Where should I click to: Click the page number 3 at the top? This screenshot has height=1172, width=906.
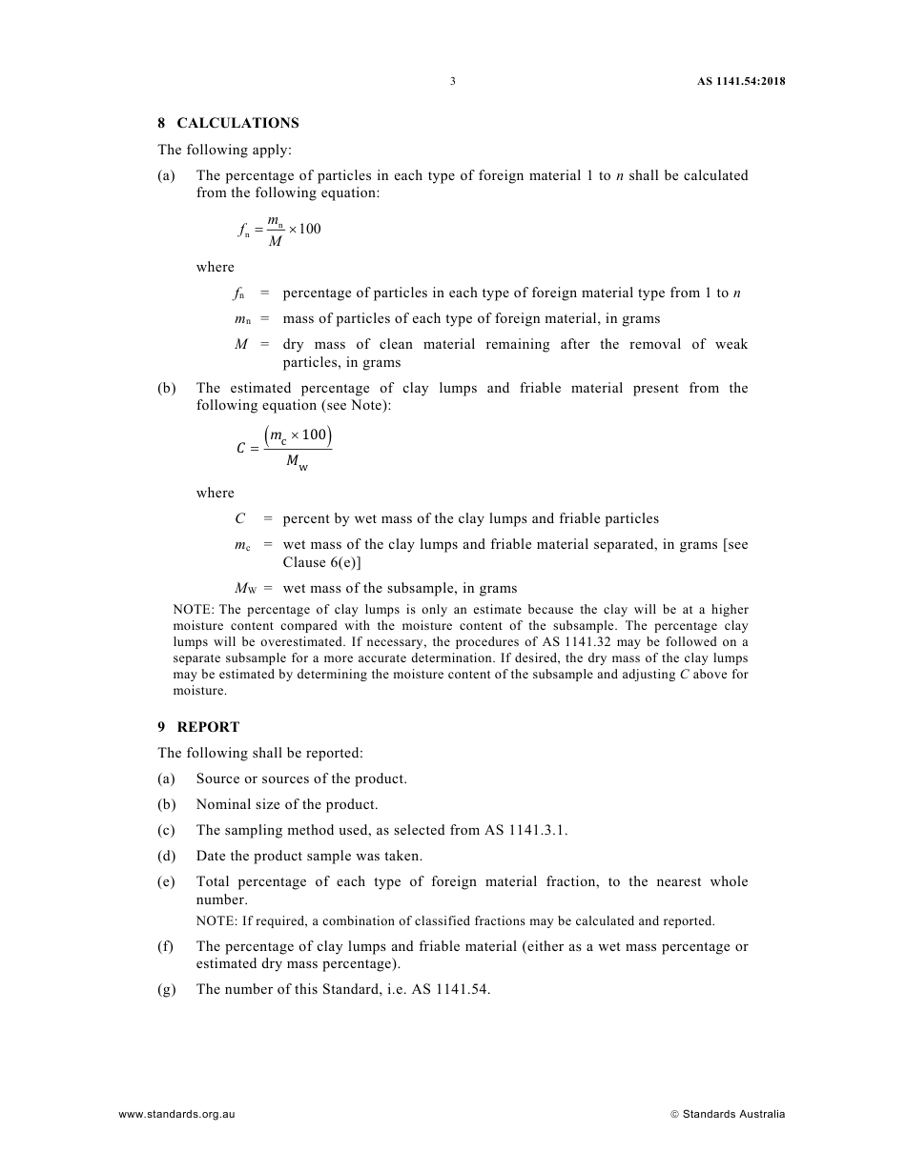[453, 82]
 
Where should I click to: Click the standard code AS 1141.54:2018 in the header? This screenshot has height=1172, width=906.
[741, 82]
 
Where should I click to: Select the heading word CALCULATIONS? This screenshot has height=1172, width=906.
[237, 123]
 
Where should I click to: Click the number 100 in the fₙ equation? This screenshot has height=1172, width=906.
[310, 229]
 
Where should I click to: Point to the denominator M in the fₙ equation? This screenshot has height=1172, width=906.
[275, 242]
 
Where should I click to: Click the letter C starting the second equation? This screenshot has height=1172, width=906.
[241, 449]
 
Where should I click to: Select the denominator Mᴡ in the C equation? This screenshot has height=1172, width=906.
[297, 464]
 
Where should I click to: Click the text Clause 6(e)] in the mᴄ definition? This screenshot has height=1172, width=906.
[321, 562]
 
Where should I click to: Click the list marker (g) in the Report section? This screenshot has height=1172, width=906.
[167, 989]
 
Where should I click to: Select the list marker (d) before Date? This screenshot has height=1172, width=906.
[167, 856]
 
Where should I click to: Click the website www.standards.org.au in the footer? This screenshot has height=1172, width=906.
[176, 1114]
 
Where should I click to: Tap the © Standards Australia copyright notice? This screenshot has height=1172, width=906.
[728, 1114]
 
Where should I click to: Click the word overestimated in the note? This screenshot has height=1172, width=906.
[286, 642]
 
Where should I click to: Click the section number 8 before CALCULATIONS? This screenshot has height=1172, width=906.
[162, 123]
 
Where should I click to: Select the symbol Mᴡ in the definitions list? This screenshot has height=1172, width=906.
[244, 588]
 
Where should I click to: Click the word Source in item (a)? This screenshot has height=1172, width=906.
[217, 778]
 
